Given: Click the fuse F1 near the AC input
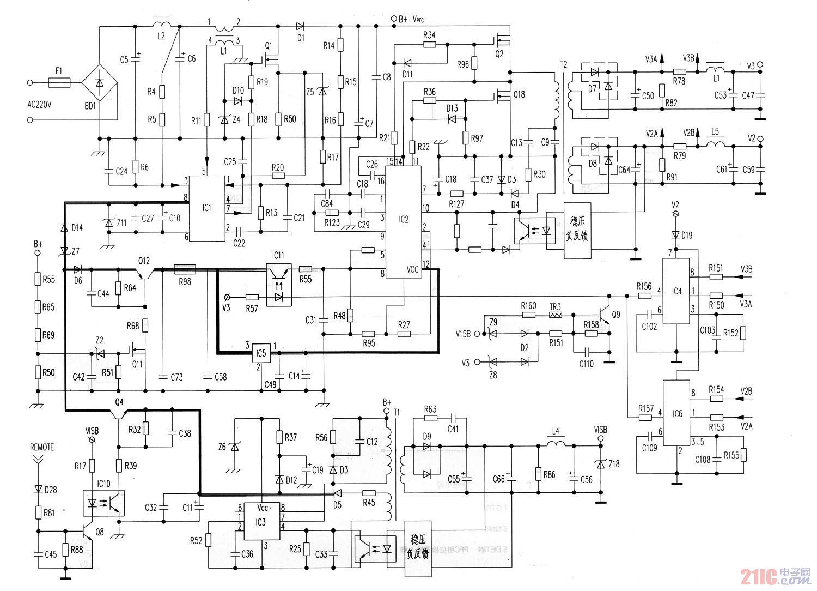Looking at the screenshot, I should tap(59, 83).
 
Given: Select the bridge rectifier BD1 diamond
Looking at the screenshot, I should tap(100, 83).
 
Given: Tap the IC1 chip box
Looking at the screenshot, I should tap(206, 208).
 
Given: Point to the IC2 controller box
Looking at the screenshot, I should tap(403, 221).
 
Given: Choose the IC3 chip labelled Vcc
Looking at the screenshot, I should tap(261, 521).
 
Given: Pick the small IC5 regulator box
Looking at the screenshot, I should tap(261, 353).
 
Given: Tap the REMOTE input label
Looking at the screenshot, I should tap(42, 447).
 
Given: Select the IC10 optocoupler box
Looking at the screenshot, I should tap(103, 502).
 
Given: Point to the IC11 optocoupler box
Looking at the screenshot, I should tap(278, 284).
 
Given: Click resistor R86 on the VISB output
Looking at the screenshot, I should tap(538, 474).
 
